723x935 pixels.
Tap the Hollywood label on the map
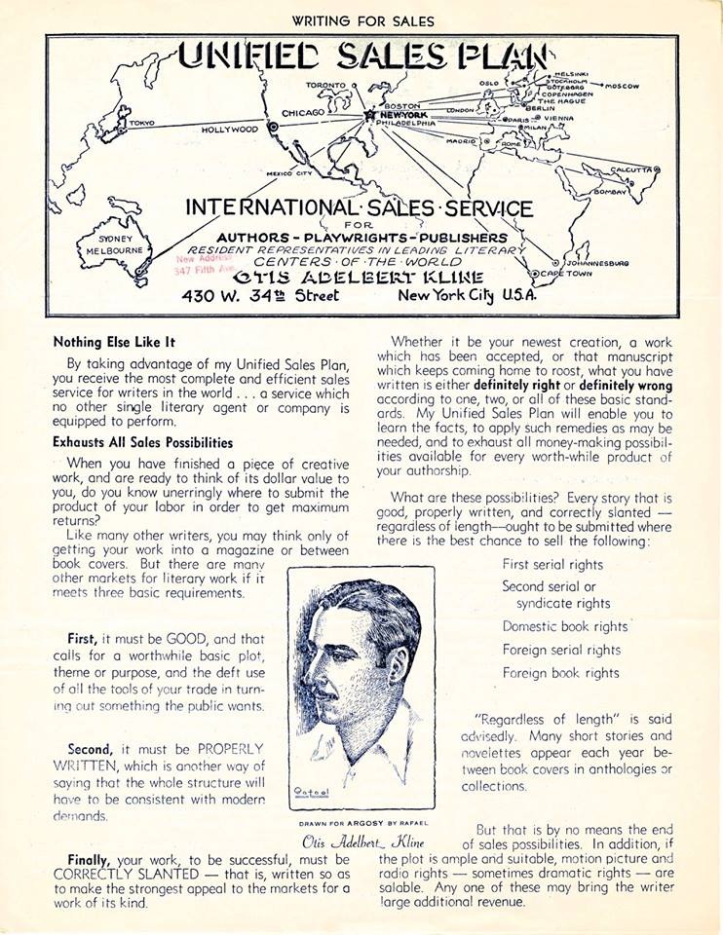click(230, 129)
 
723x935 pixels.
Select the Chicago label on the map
click(303, 113)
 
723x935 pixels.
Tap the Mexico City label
click(288, 173)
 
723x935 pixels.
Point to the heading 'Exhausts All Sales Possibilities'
click(142, 442)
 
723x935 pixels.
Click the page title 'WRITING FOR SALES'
click(361, 20)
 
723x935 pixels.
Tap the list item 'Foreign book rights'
click(560, 673)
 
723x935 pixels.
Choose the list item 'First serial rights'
click(552, 564)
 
